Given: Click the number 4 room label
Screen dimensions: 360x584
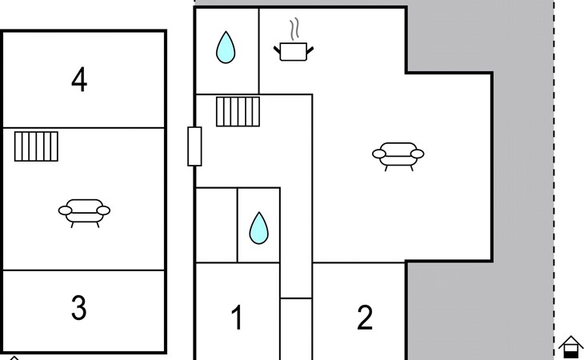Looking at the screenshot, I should [78, 80].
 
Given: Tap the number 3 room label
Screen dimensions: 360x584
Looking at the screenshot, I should [78, 308].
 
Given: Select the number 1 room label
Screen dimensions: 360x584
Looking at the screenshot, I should [237, 318].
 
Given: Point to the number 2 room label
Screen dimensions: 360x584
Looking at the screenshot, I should [365, 318].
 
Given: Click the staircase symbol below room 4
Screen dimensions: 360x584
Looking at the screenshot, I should [37, 146].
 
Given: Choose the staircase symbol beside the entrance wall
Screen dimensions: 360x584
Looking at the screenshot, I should [238, 111].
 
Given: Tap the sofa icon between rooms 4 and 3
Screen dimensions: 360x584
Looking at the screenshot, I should [84, 212].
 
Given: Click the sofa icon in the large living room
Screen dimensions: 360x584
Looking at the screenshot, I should [398, 154].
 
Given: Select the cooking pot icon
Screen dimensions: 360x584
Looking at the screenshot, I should [294, 52].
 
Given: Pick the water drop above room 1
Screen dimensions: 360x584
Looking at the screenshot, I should [258, 227].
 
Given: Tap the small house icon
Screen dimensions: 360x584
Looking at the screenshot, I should [570, 346].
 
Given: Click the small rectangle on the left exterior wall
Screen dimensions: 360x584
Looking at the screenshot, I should [194, 146].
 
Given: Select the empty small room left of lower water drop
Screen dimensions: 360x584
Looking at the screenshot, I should [216, 225].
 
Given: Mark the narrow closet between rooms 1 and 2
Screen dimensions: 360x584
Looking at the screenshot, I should [295, 329].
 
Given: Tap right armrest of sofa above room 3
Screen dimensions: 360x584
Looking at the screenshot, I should [104, 210].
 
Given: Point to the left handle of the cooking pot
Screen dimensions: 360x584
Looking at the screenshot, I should [277, 50].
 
